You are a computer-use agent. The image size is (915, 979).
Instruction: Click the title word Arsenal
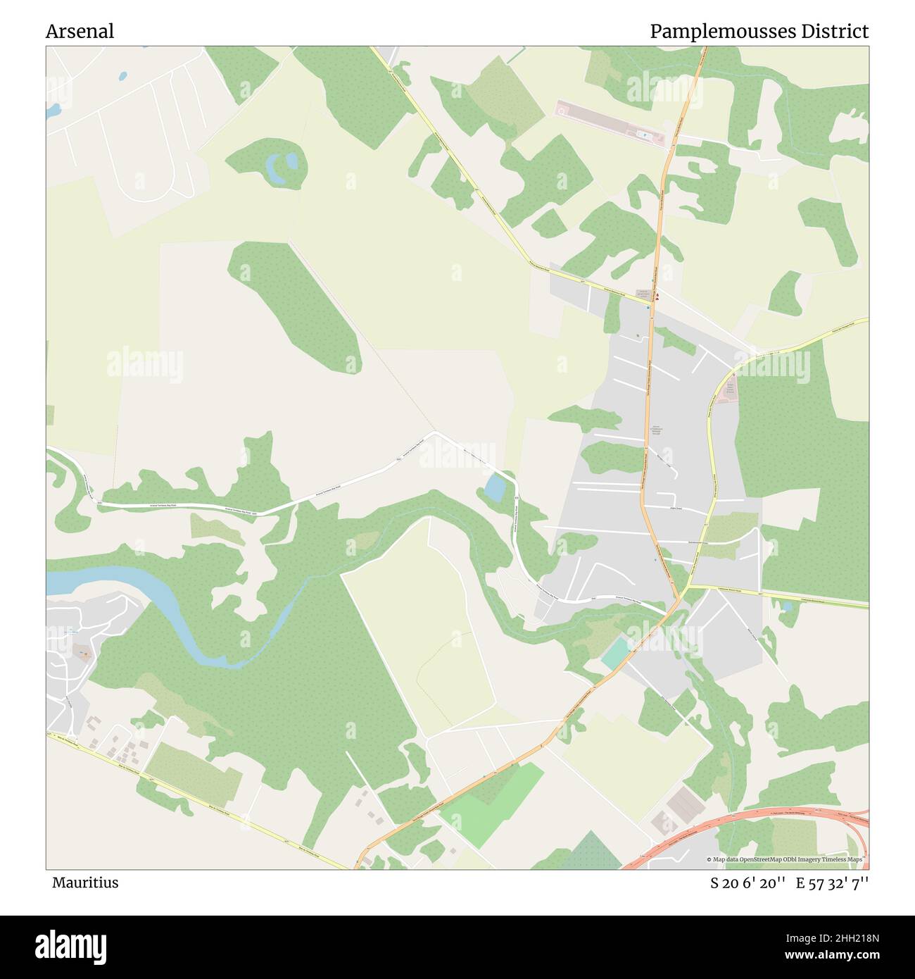[x=80, y=32]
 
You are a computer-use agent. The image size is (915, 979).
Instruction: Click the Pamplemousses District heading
[x=759, y=32]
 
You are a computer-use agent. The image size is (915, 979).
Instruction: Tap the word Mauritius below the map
[x=84, y=883]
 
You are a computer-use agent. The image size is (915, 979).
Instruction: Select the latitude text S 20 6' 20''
[x=747, y=883]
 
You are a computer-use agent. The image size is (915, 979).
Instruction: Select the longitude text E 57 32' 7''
[x=833, y=883]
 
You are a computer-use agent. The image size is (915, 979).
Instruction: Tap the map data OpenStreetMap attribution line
[x=787, y=860]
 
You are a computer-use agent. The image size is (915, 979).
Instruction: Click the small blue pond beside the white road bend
[x=495, y=487]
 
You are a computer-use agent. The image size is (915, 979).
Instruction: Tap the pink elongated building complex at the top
[x=609, y=125]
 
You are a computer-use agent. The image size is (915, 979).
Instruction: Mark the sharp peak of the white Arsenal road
[x=436, y=432]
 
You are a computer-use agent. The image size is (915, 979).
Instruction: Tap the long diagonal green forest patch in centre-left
[x=296, y=303]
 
